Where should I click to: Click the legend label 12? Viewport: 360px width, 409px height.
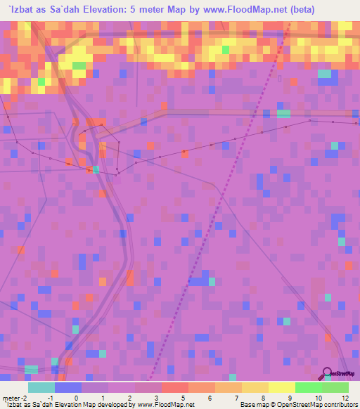[345, 397]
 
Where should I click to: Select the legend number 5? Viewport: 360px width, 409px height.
[183, 397]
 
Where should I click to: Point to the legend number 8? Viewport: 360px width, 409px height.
[264, 397]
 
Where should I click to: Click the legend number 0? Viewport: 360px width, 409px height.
[68, 397]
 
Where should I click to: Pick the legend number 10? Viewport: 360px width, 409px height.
[319, 397]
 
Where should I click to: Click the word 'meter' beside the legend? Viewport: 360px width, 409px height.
[10, 397]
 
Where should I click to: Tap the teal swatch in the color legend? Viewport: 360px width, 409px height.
[41, 387]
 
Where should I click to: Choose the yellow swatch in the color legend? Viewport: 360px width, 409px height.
[281, 387]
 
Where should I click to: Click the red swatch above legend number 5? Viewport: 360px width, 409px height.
[175, 387]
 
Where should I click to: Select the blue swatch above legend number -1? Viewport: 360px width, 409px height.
[68, 387]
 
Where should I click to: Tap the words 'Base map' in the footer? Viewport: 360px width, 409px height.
[251, 405]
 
